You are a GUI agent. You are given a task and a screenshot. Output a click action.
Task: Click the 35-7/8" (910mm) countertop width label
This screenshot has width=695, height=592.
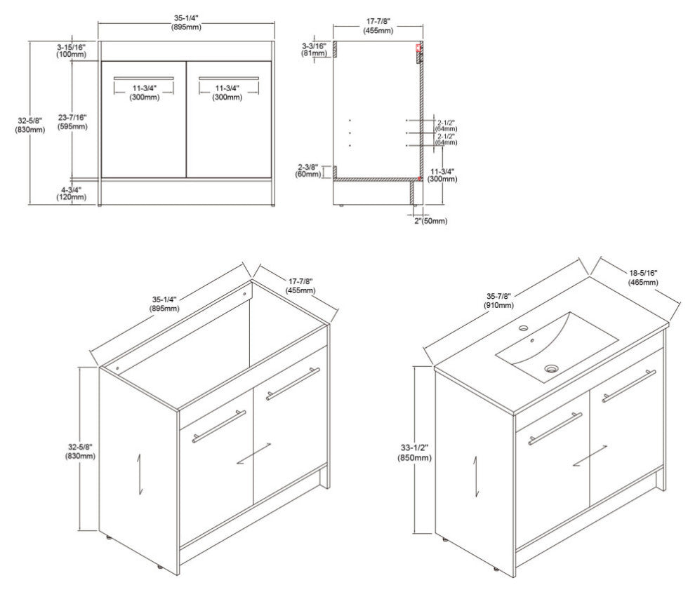(x=500, y=301)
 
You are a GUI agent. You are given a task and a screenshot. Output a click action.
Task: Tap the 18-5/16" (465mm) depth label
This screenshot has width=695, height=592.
(x=642, y=278)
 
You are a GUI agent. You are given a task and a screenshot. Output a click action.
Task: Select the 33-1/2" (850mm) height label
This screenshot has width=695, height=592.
(x=414, y=453)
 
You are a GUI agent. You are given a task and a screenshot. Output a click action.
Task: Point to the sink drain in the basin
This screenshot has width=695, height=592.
(x=550, y=368)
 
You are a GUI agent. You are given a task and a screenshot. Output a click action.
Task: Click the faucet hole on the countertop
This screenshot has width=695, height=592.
(x=524, y=328)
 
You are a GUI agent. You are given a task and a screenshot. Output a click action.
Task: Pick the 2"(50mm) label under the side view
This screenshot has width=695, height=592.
(x=431, y=221)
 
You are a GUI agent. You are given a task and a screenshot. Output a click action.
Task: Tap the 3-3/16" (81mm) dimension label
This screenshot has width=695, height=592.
(x=315, y=50)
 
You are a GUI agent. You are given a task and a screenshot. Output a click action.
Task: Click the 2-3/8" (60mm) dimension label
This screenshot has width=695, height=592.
(x=308, y=171)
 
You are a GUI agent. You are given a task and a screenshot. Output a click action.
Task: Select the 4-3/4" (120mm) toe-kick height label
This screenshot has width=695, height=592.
(x=72, y=194)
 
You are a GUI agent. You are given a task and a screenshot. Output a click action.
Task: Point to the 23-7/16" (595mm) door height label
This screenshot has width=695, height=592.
(x=72, y=122)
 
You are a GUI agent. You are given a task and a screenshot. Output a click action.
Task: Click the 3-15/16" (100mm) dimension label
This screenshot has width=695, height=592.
(x=71, y=51)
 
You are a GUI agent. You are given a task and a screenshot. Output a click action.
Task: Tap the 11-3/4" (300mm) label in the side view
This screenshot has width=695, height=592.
(x=444, y=175)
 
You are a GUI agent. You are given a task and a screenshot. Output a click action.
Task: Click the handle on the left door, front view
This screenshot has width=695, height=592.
(x=144, y=78)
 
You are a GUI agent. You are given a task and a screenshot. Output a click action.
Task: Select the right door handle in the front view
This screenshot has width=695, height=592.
(x=229, y=78)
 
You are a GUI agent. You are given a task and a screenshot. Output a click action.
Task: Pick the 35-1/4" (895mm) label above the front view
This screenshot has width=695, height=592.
(x=186, y=22)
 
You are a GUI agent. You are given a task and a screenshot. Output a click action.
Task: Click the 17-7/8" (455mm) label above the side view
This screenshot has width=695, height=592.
(x=378, y=27)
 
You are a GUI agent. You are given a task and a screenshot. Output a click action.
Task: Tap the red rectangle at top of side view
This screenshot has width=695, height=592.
(x=418, y=48)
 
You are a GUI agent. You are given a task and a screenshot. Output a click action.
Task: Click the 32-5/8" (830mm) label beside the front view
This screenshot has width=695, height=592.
(x=30, y=125)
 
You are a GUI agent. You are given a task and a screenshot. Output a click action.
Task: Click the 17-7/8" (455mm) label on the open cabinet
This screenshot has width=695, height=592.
(x=301, y=286)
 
